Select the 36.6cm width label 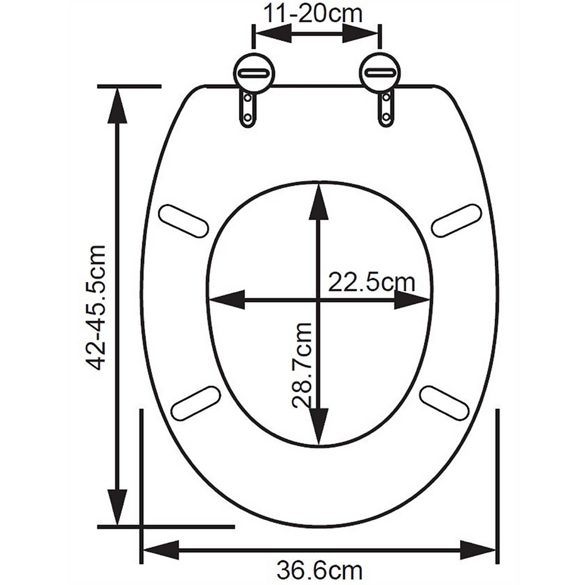pyautogui.click(x=319, y=570)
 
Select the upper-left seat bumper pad pyautogui.click(x=183, y=220)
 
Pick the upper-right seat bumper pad pyautogui.click(x=456, y=220)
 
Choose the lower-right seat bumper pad pyautogui.click(x=445, y=403)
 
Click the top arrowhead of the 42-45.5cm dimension pyautogui.click(x=117, y=105)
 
